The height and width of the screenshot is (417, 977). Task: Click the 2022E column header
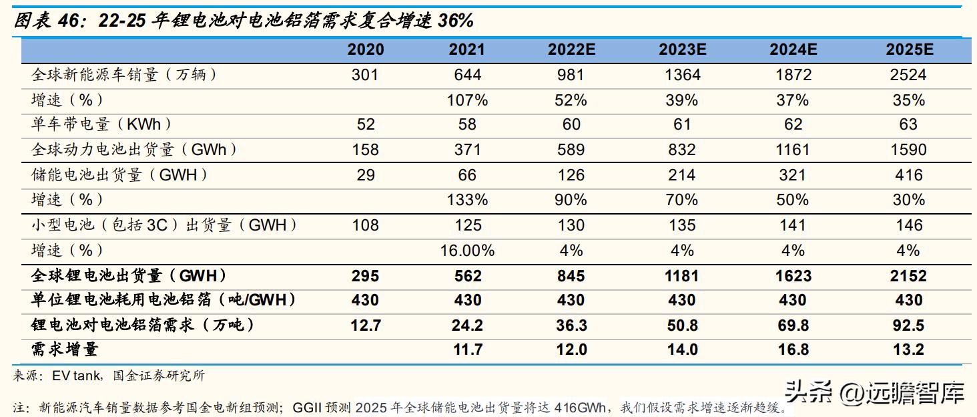(571, 49)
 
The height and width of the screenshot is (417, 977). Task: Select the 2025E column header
(908, 49)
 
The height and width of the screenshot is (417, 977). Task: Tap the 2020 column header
(366, 49)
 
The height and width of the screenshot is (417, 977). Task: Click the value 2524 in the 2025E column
(908, 75)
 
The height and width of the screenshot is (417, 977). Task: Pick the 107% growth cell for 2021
(467, 100)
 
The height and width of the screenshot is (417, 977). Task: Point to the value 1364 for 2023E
(681, 75)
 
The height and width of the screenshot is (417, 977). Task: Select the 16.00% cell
(467, 251)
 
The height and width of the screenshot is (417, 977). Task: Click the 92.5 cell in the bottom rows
(908, 325)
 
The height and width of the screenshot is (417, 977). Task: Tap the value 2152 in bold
(908, 275)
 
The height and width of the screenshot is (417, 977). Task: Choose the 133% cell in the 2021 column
(467, 200)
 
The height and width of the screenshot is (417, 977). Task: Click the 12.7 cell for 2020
(366, 325)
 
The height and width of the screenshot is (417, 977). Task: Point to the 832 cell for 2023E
(681, 150)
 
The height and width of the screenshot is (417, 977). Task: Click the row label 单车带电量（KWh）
(101, 125)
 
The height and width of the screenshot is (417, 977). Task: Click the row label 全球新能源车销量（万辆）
(125, 75)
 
